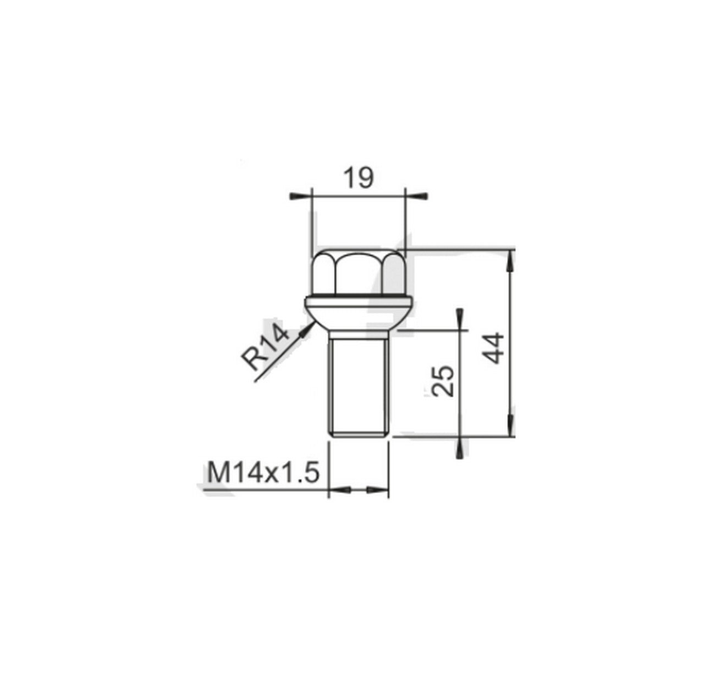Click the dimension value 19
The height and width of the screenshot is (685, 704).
pyautogui.click(x=358, y=178)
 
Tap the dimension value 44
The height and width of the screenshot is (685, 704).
pyautogui.click(x=493, y=347)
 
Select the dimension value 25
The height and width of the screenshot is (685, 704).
pyautogui.click(x=443, y=381)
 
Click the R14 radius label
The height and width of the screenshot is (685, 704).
pyautogui.click(x=265, y=347)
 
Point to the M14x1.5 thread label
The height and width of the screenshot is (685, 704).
pyautogui.click(x=263, y=473)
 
